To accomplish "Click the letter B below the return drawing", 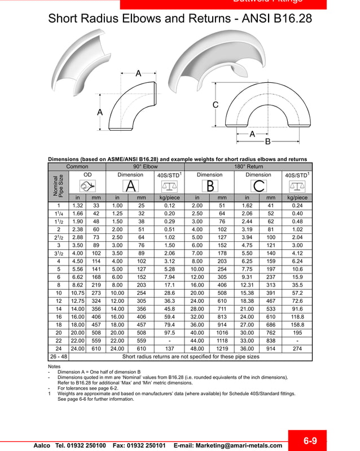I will [x=268, y=141].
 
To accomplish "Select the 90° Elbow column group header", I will [x=145, y=167].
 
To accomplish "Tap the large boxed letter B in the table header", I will [x=209, y=185].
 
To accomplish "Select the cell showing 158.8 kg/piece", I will [x=297, y=325].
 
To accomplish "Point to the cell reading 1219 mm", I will [x=222, y=348].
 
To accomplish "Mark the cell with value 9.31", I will [x=247, y=277].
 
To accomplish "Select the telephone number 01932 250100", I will [x=81, y=445].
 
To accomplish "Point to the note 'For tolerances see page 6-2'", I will [x=88, y=388].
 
